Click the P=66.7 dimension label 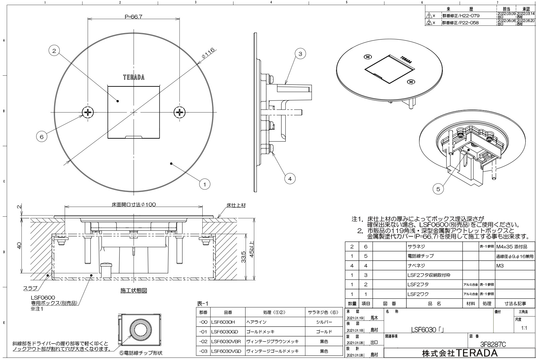pos(134,17)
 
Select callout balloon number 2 pos(54,51)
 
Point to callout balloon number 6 pos(42,137)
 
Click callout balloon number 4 pos(290,179)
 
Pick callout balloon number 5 pos(438,189)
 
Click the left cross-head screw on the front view pos(88,112)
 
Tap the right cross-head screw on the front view pos(180,112)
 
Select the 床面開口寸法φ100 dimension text pos(134,205)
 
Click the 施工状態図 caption pos(134,291)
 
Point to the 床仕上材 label pos(236,205)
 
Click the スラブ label pos(30,288)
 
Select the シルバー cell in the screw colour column pos(324,322)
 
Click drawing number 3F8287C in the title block pos(493,344)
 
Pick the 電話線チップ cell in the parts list pos(420,256)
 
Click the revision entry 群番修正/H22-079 pos(461,16)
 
